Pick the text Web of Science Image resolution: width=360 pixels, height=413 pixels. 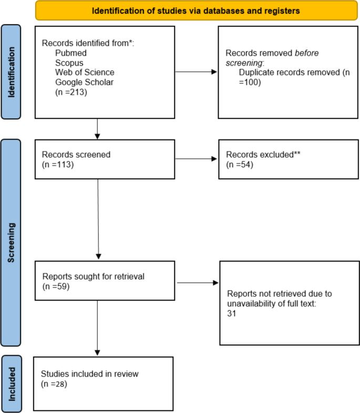coord(85,72)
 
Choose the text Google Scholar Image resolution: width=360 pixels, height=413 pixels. coord(83,82)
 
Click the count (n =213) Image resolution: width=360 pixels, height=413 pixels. coord(71,92)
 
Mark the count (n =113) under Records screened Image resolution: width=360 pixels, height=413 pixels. coord(57,164)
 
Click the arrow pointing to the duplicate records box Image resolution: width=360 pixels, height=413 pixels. coord(196,73)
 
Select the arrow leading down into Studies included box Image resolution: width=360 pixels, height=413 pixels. coord(98,331)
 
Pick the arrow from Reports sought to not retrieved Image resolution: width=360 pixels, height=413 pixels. coord(198,283)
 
